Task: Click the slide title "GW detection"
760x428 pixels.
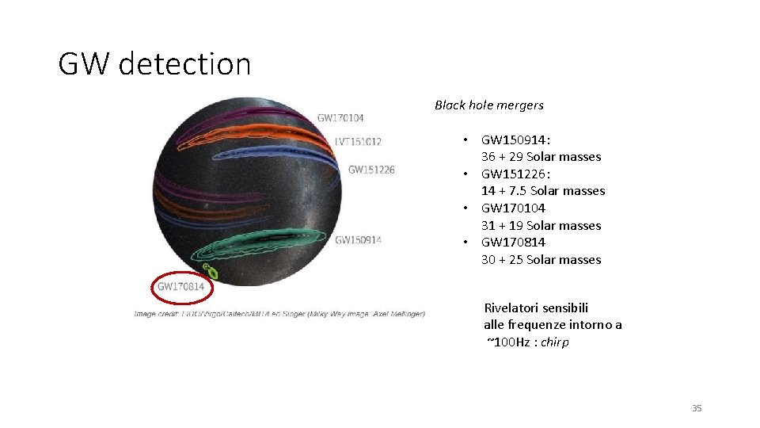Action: click(154, 64)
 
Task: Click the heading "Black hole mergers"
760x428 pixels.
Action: click(488, 105)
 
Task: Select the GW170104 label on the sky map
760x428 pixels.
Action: click(340, 118)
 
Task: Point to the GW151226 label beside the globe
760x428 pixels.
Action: click(371, 170)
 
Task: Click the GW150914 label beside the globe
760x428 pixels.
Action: click(358, 240)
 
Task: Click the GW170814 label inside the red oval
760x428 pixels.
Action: click(181, 287)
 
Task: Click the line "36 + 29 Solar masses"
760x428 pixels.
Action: click(541, 157)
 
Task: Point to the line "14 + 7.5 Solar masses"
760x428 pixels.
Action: click(543, 191)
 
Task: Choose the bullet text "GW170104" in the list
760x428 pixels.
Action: click(513, 208)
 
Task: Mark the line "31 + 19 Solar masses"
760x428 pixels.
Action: click(541, 225)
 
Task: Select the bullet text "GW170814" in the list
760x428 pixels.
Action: click(513, 242)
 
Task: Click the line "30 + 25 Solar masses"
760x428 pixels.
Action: click(541, 259)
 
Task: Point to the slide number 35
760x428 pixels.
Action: click(697, 408)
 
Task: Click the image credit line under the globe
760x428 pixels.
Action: click(279, 314)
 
